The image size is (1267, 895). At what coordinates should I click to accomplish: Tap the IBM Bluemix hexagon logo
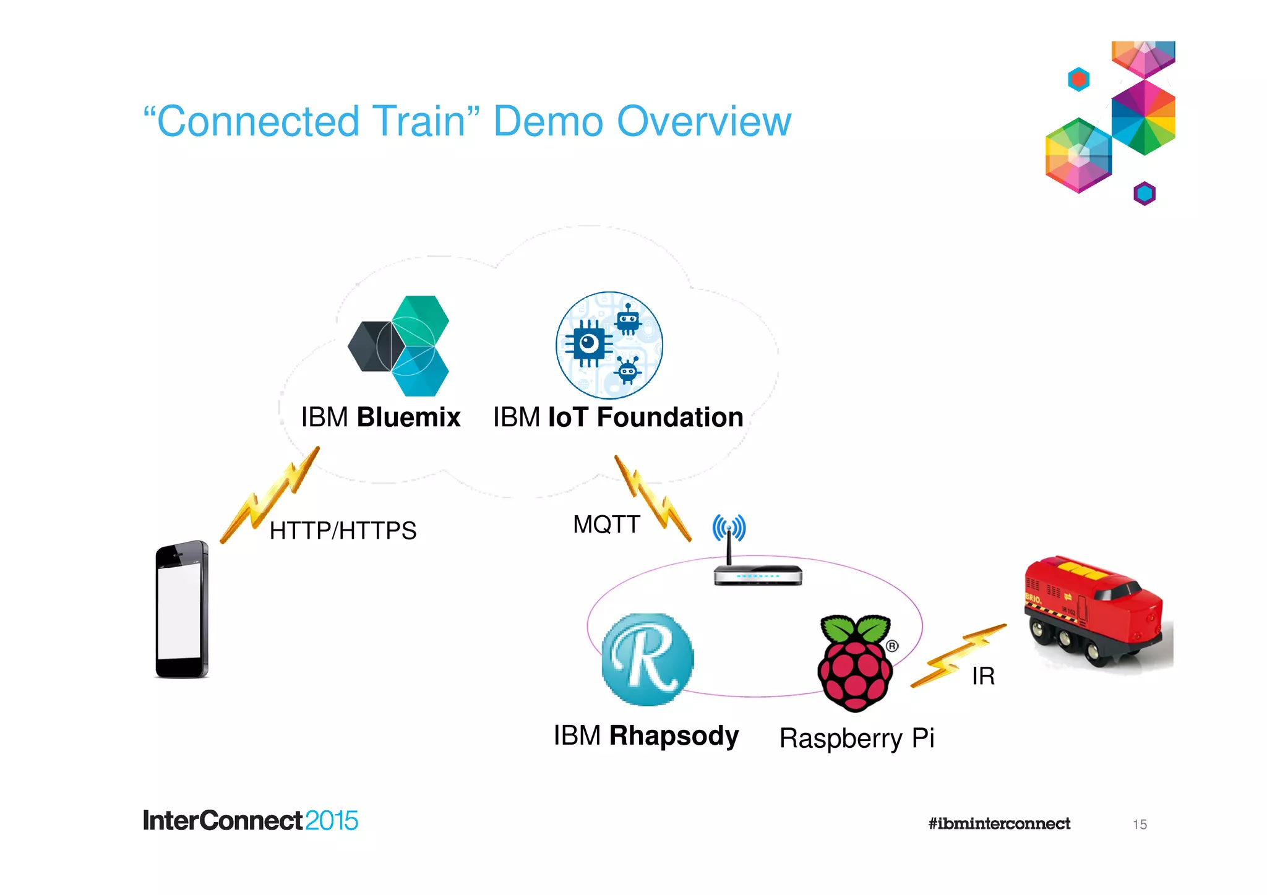point(399,346)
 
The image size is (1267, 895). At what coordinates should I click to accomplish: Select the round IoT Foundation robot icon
point(609,345)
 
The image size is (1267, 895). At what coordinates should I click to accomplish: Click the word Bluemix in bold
point(408,418)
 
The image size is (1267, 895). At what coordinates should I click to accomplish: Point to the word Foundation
point(669,418)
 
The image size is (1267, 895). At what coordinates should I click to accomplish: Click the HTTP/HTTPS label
point(343,531)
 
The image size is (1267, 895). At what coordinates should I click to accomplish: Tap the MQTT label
point(606,525)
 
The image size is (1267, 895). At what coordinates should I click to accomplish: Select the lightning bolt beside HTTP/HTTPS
point(270,495)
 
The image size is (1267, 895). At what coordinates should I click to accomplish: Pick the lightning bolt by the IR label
point(957,656)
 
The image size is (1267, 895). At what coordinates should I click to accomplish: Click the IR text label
point(983,676)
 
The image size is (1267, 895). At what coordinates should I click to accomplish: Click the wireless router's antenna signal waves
point(729,528)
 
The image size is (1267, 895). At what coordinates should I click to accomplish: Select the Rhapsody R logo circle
point(647,659)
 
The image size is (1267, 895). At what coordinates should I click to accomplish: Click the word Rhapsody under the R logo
point(673,736)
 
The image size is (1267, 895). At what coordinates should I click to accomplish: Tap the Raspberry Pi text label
point(856,739)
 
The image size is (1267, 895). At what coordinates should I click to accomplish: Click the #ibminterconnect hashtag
point(999,824)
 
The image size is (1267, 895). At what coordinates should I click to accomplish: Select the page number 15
point(1140,824)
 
